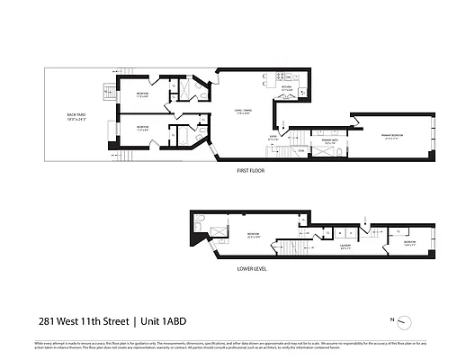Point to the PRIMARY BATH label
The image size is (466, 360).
coord(323,139)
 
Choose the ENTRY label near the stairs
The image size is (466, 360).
coord(274,139)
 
